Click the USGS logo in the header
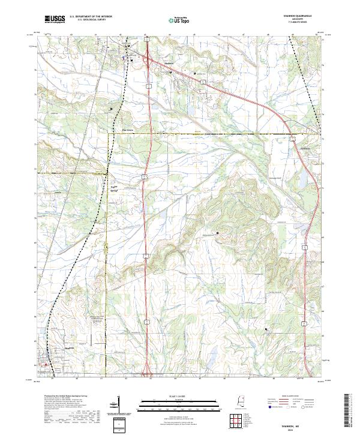[x=55, y=19]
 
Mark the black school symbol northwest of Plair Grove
[x=110, y=109]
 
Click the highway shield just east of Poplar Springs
[x=145, y=176]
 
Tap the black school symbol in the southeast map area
[x=266, y=329]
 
